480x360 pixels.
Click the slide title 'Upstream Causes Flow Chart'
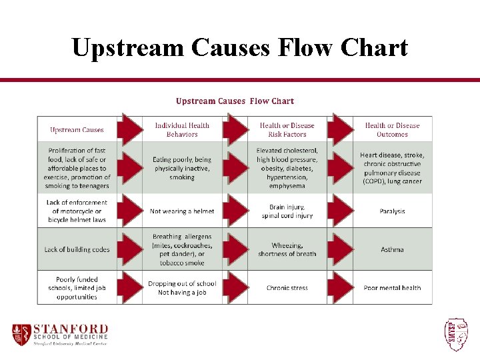click(x=239, y=48)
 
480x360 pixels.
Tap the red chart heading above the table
click(x=235, y=101)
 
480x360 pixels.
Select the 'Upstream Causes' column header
click(x=77, y=130)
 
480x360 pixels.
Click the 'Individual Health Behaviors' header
click(x=182, y=130)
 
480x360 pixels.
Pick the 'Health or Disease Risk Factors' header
click(x=287, y=130)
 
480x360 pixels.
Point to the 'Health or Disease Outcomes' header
click(x=392, y=130)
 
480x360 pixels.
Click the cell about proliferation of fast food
click(x=77, y=169)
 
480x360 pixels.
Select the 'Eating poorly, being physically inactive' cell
click(x=182, y=169)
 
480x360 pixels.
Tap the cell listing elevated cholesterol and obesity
click(x=287, y=169)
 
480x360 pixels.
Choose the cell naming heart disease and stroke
click(x=392, y=169)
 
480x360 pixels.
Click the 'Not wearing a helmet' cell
click(x=182, y=211)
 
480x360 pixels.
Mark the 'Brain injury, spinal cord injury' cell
click(x=287, y=211)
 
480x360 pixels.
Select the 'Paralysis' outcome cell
click(x=392, y=211)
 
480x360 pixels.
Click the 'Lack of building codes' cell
click(x=77, y=249)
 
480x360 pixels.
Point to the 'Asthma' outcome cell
click(x=392, y=249)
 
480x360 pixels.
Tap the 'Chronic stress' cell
click(x=287, y=288)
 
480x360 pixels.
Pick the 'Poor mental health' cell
click(x=392, y=288)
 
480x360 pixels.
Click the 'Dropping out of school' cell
click(x=182, y=288)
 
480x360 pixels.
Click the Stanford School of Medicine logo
click(x=60, y=334)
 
